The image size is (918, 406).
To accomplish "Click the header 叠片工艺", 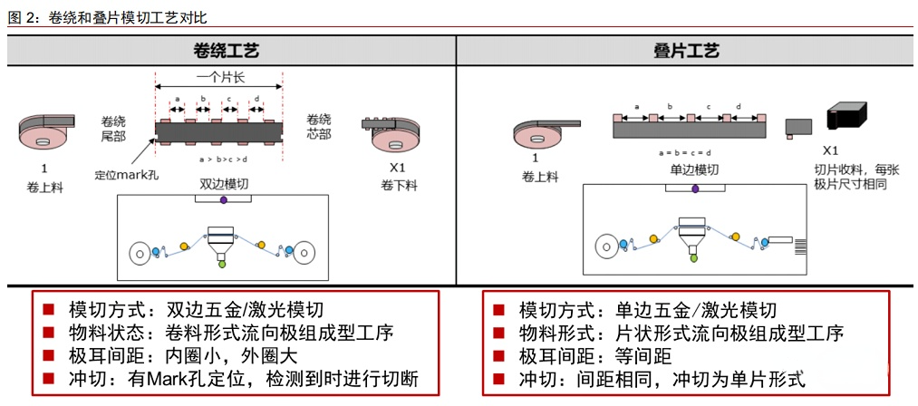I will [x=686, y=52].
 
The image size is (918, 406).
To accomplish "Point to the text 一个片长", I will [x=218, y=79].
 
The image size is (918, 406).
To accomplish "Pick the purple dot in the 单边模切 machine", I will [x=694, y=188].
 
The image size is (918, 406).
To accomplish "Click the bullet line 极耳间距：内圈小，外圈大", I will [x=183, y=355].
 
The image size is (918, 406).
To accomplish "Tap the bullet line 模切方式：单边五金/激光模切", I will [x=647, y=310].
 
